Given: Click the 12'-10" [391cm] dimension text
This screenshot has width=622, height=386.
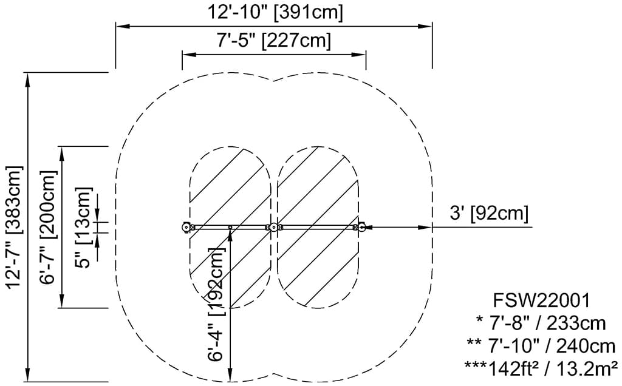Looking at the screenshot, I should [275, 11].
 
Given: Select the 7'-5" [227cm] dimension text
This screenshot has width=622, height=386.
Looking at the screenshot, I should [273, 41].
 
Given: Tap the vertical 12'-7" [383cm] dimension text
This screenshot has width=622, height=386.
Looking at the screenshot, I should [13, 226].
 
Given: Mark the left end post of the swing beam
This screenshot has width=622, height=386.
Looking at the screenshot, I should [186, 228].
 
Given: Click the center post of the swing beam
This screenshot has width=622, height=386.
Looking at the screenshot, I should [274, 228].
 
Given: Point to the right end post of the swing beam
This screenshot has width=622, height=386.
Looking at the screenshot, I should [361, 228].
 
